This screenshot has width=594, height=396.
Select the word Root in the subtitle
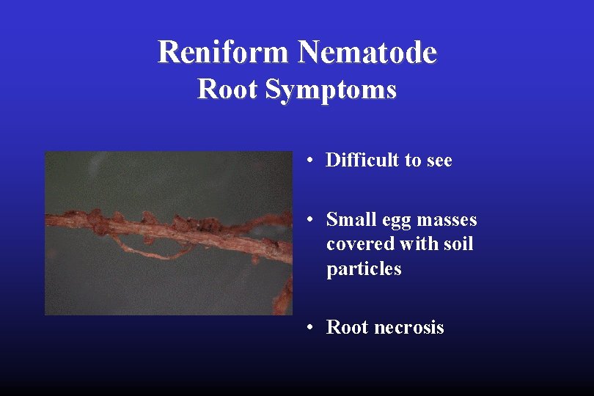click(x=228, y=89)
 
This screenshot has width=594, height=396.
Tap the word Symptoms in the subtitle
click(x=331, y=90)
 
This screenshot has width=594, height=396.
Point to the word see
click(x=438, y=160)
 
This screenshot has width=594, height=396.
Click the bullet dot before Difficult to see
click(x=312, y=160)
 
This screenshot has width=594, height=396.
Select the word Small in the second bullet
click(x=350, y=220)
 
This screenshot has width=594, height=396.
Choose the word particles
click(x=364, y=269)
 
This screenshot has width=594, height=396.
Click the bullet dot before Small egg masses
click(x=312, y=220)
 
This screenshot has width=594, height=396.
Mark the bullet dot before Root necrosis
click(x=312, y=327)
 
